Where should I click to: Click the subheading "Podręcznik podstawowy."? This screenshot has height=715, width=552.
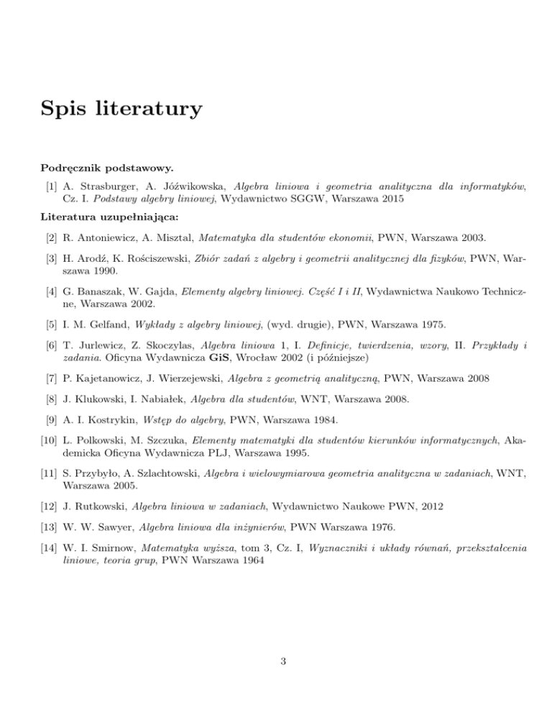pos(106,168)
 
